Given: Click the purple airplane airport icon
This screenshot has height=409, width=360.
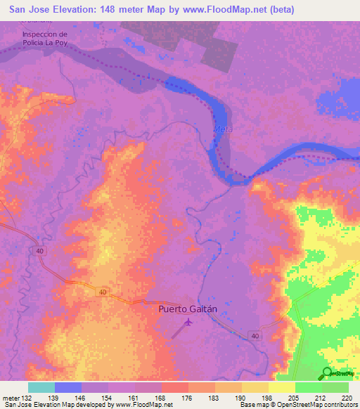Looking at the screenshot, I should point(188,323).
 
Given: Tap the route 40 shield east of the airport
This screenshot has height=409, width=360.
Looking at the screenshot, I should point(254,335).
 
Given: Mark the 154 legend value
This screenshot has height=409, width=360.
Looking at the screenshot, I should point(108,396).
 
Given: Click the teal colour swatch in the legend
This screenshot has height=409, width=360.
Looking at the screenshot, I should point(41,387).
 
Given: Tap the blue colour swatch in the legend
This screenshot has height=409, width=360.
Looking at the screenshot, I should point(67,387).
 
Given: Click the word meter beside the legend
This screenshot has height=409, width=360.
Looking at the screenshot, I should point(10,396).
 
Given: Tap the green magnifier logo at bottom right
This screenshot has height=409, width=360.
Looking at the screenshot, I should point(328,372).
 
